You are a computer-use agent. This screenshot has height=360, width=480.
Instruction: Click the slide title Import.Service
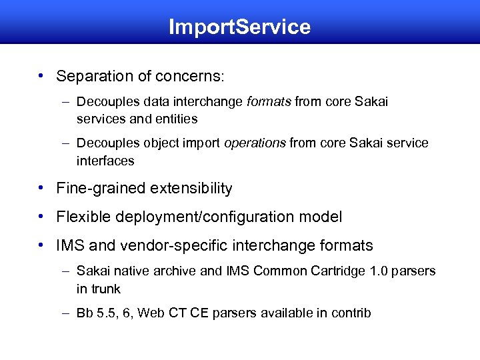239,27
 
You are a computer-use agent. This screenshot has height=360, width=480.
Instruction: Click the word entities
175,119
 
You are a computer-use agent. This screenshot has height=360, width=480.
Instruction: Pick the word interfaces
105,161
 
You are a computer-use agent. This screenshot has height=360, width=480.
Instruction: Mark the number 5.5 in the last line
107,312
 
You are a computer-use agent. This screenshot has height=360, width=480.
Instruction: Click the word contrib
351,312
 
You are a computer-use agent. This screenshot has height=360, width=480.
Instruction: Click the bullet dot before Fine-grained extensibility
41,189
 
